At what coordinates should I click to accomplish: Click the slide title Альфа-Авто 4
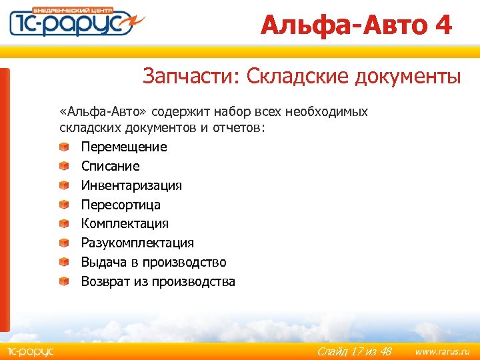point(356,25)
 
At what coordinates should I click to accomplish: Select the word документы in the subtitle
point(406,77)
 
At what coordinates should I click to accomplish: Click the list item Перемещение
point(124,147)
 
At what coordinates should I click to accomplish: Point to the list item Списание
point(110,166)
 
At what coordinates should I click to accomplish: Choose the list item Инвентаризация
point(131,185)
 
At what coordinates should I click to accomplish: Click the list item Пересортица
point(121,205)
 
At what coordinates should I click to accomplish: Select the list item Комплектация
point(125,223)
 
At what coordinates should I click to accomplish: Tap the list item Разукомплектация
point(137,243)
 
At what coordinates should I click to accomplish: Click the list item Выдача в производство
point(153,262)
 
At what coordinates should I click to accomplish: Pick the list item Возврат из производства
point(158,281)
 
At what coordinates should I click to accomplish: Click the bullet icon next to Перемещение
point(63,147)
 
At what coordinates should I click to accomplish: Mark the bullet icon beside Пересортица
point(63,205)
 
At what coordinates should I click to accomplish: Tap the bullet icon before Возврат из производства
point(63,281)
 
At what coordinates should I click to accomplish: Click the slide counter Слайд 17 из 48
point(354,351)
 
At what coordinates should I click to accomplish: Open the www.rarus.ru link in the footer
point(442,351)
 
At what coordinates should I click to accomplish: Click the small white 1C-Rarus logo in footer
point(29,351)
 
